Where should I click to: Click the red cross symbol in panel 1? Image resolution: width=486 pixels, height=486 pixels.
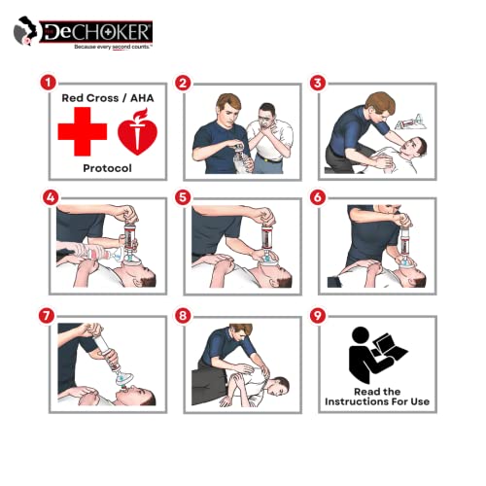83,132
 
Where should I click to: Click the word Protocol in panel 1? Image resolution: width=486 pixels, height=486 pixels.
108,167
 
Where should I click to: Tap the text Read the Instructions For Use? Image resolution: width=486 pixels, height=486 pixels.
378,396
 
